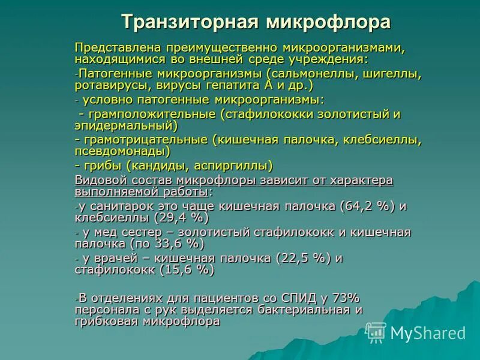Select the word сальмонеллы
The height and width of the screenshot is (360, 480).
(314, 74)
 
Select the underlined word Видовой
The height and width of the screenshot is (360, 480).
(97, 180)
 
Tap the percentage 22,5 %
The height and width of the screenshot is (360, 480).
(303, 258)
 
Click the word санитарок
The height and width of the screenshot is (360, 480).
(115, 206)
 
